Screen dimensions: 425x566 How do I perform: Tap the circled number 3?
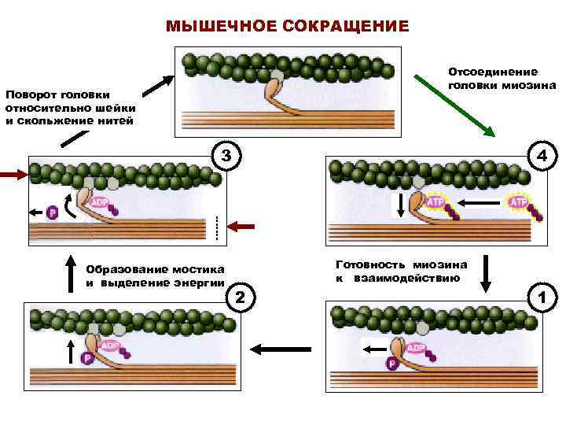[x=226, y=155]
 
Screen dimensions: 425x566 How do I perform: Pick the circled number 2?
[x=241, y=296]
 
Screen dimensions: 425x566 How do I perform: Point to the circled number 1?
[x=540, y=297]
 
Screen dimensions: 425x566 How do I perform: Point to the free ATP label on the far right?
[x=519, y=202]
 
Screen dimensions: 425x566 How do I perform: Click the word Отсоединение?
[x=493, y=72]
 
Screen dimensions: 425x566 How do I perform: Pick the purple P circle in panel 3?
[x=53, y=213]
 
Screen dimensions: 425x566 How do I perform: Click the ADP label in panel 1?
[x=416, y=348]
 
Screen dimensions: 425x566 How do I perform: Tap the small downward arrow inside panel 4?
[x=401, y=205]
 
